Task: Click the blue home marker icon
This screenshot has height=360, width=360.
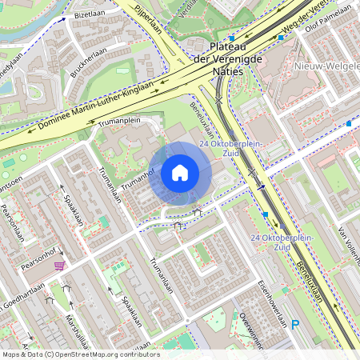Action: pyautogui.click(x=180, y=173)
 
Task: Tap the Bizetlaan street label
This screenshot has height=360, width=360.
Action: pyautogui.click(x=89, y=14)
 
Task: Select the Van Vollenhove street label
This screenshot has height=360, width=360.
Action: pyautogui.click(x=348, y=245)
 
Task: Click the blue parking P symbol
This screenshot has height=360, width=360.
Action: pyautogui.click(x=295, y=324)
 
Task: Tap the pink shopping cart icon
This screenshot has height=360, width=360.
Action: pyautogui.click(x=58, y=265)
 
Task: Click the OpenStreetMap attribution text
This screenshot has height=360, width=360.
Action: pyautogui.click(x=80, y=354)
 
